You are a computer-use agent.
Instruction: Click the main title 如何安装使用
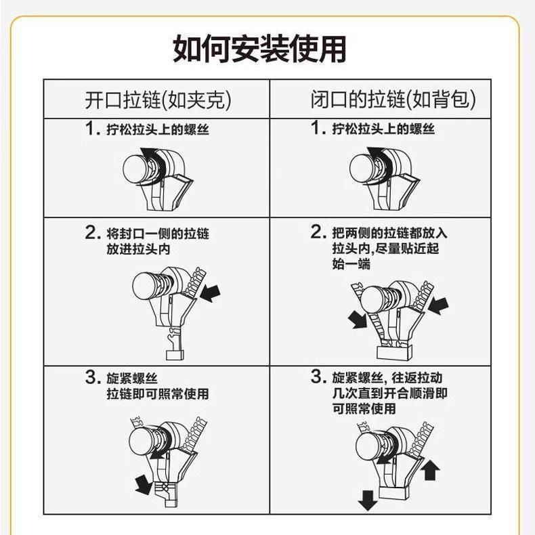click(259, 49)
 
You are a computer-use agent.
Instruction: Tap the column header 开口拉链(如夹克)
click(158, 100)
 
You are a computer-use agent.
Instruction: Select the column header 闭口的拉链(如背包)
click(393, 100)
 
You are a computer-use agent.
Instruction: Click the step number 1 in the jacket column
click(91, 128)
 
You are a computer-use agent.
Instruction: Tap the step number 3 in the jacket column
click(92, 377)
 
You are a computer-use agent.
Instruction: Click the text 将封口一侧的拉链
click(158, 234)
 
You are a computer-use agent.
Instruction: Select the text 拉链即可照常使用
click(158, 393)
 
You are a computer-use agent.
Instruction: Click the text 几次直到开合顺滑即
click(390, 393)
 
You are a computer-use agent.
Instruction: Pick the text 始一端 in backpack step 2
click(351, 263)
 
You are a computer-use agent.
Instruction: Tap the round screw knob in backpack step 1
click(363, 169)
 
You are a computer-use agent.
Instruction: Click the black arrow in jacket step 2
click(210, 293)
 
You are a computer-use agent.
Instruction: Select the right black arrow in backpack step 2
click(437, 305)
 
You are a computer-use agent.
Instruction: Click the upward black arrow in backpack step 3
click(430, 470)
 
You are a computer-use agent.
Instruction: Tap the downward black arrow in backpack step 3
click(368, 500)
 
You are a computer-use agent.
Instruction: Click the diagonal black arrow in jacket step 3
click(144, 484)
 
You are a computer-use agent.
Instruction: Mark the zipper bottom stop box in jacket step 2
click(175, 355)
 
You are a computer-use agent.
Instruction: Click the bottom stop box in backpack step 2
click(394, 352)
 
